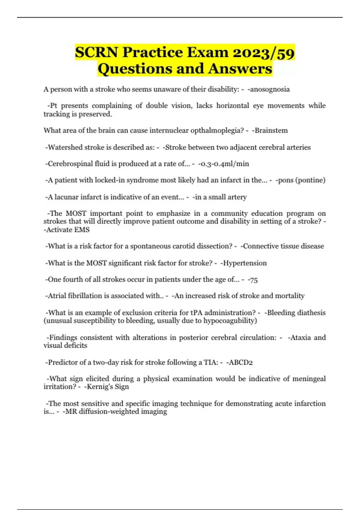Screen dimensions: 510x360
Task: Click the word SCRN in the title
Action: click(x=96, y=52)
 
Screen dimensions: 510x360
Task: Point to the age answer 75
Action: click(x=254, y=280)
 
